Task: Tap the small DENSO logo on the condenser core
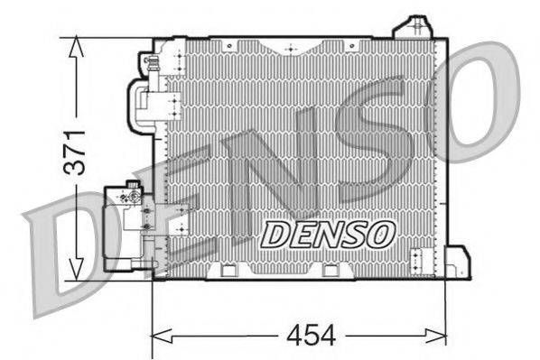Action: [x=328, y=234]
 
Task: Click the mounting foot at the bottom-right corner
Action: [x=459, y=263]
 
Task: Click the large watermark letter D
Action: [x=63, y=244]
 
